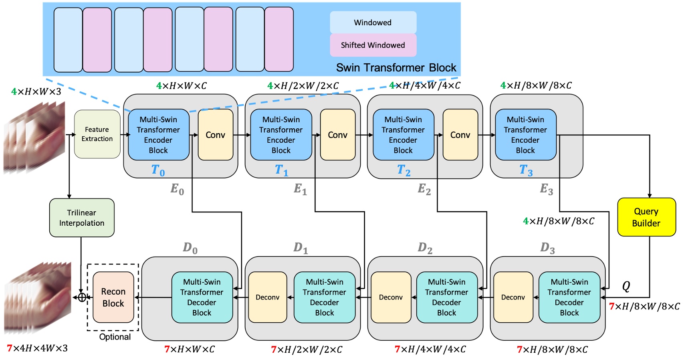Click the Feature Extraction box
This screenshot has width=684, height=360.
click(x=97, y=134)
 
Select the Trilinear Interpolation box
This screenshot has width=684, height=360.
click(x=82, y=218)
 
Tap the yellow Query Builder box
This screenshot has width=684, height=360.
click(x=646, y=217)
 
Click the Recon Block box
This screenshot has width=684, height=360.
click(x=113, y=297)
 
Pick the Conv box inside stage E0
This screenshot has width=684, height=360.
click(x=216, y=135)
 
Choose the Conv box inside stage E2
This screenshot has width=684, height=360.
click(x=460, y=135)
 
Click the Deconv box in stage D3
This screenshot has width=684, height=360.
click(x=513, y=297)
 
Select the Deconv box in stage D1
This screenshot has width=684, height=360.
click(x=267, y=297)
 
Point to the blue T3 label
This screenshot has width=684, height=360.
click(x=526, y=170)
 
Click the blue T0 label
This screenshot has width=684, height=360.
click(x=158, y=170)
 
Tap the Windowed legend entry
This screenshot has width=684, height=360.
click(x=373, y=22)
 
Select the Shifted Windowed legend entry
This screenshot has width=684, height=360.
click(x=373, y=45)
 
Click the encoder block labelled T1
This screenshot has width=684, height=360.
click(x=281, y=135)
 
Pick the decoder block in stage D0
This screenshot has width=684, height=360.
click(x=202, y=297)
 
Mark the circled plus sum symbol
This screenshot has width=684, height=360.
click(x=82, y=297)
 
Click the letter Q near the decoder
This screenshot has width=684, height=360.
click(x=626, y=286)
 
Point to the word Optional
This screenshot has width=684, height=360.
click(x=115, y=337)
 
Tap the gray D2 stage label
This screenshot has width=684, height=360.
click(x=425, y=248)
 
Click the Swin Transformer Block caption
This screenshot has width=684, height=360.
click(x=396, y=67)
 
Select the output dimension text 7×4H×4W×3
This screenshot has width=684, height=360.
click(x=37, y=348)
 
